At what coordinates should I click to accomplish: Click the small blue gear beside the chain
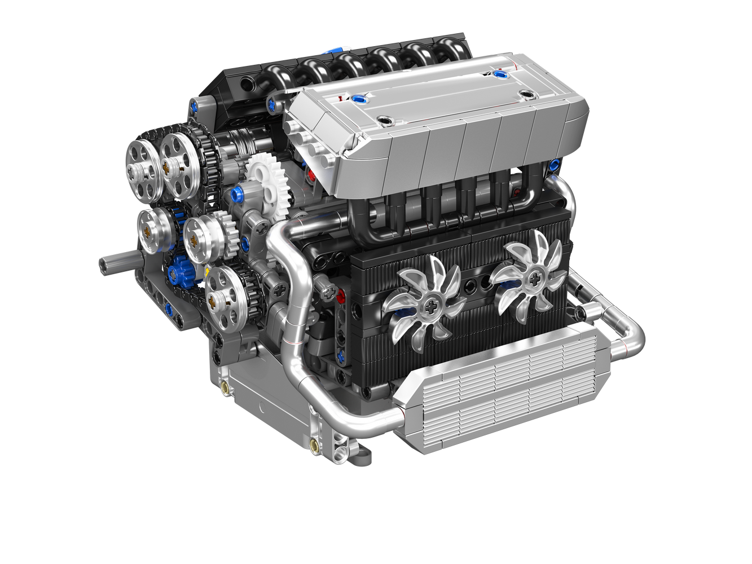[x=182, y=271]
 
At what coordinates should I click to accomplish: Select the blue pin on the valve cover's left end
[x=357, y=100]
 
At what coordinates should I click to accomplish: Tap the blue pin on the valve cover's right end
[x=498, y=74]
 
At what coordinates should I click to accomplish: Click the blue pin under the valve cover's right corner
[x=554, y=165]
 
